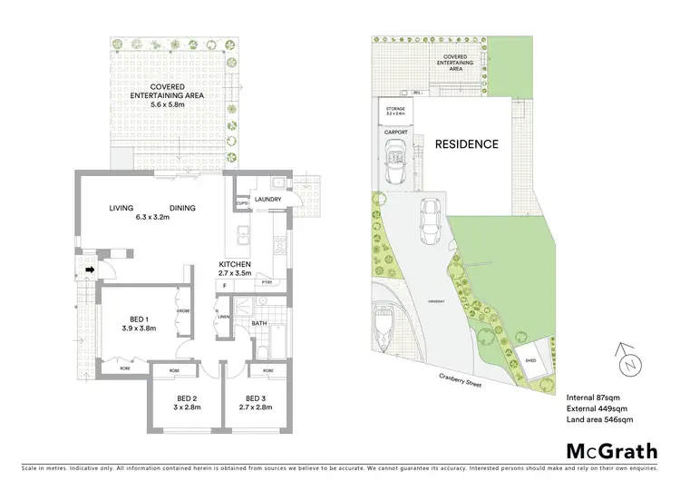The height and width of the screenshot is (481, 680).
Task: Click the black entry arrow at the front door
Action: pyautogui.click(x=90, y=270)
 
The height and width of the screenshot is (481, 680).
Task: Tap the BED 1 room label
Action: pyautogui.click(x=139, y=319)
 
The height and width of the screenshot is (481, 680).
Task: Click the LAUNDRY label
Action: pyautogui.click(x=268, y=200)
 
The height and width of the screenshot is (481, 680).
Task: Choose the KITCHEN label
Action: pyautogui.click(x=234, y=264)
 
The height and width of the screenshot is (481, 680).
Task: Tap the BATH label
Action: pyautogui.click(x=258, y=322)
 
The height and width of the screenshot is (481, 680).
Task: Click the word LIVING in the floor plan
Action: pyautogui.click(x=122, y=209)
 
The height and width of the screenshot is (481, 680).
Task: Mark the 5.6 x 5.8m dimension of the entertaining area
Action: pyautogui.click(x=166, y=105)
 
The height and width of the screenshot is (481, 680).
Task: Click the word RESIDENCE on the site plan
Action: pyautogui.click(x=466, y=143)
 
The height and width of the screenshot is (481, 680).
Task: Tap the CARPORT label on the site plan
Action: pyautogui.click(x=396, y=133)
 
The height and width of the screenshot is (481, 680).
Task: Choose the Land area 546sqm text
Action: pyautogui.click(x=600, y=420)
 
